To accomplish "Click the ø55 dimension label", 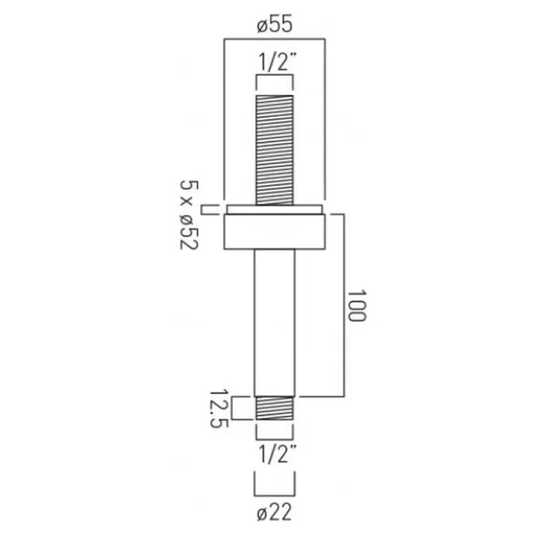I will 273,27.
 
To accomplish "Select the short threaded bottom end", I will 273,408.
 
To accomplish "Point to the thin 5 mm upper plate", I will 273,206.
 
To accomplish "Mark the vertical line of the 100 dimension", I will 343,305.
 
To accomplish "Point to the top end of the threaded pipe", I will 273,96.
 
